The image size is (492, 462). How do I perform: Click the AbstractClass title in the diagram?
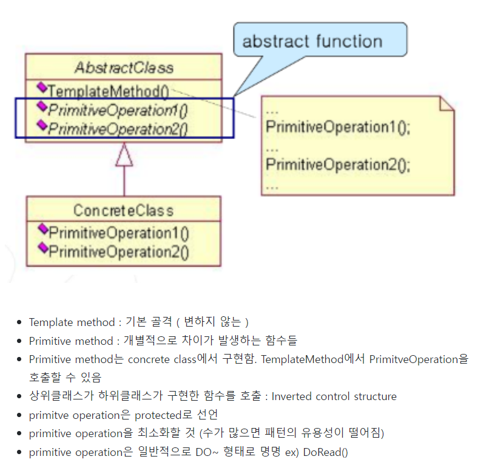(x=124, y=67)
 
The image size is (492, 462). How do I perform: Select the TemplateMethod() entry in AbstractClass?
(x=107, y=91)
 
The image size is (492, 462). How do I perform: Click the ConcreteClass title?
(x=123, y=211)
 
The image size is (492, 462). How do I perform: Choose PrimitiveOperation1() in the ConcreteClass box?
(x=119, y=233)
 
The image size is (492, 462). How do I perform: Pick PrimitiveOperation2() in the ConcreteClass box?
(x=119, y=251)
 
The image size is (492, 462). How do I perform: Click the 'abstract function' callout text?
(x=312, y=41)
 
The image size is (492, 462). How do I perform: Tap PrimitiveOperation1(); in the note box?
(x=338, y=127)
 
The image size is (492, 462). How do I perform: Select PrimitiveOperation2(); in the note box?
(x=338, y=165)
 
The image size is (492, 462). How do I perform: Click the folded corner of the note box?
(x=447, y=103)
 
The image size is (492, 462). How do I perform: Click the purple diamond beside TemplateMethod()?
(x=42, y=87)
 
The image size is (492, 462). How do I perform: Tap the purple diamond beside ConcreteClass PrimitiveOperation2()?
(x=42, y=248)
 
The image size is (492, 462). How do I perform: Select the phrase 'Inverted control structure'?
(x=334, y=396)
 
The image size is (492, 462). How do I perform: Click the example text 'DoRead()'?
(x=325, y=452)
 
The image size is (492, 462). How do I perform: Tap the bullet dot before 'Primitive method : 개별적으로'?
(x=19, y=341)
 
